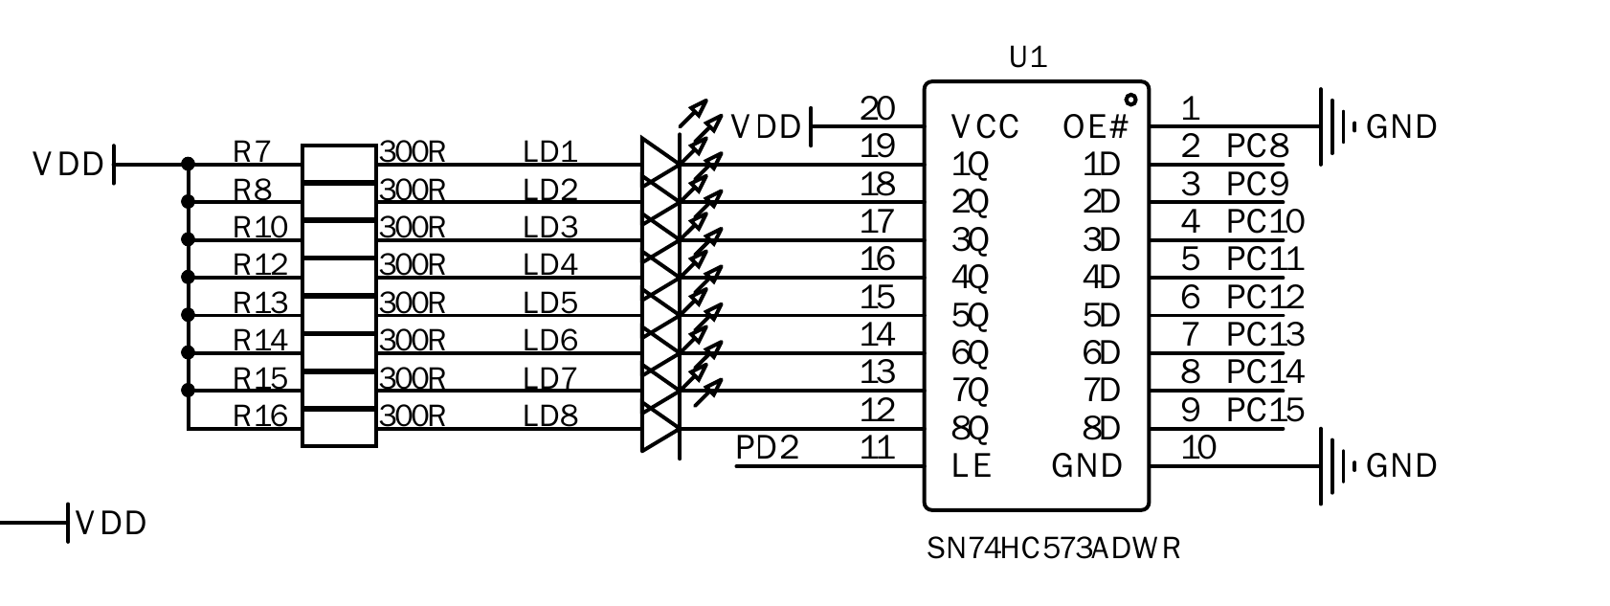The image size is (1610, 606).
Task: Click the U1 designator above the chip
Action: click(1029, 58)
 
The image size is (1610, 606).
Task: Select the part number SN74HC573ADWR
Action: click(1053, 549)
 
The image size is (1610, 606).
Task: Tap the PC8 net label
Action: click(1258, 146)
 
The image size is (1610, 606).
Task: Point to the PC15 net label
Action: click(1265, 410)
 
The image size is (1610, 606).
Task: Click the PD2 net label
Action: click(767, 447)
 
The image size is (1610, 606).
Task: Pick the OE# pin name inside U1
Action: click(1096, 126)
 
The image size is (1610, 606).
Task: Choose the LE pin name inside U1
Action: click(972, 466)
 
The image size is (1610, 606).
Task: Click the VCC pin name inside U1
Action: click(985, 126)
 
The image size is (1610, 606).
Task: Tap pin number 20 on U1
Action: click(877, 109)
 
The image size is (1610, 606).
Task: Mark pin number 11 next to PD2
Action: click(877, 447)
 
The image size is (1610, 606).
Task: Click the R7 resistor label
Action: click(252, 151)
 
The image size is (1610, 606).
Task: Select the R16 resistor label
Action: click(260, 415)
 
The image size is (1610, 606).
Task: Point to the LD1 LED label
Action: click(550, 151)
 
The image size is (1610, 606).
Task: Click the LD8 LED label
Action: click(550, 415)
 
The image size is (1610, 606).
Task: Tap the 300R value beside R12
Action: click(413, 264)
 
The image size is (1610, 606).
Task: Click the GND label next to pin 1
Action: click(1401, 126)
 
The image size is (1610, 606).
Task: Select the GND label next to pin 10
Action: click(1401, 465)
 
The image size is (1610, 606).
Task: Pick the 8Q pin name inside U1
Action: click(970, 428)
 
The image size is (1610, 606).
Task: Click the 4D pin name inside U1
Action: click(1101, 278)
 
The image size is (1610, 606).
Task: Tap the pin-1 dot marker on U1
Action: click(1130, 99)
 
